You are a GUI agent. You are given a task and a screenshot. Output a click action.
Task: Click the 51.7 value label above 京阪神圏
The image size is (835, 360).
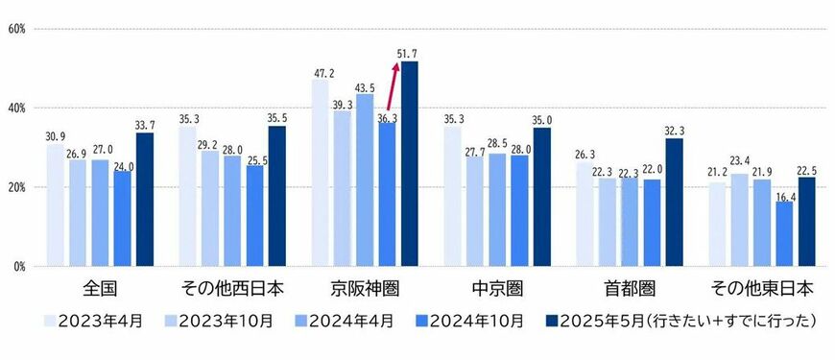pos(408,53)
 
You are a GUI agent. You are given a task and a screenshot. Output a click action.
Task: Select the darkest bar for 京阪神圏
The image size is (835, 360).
pos(410,163)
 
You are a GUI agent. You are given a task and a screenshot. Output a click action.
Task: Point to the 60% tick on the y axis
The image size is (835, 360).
pos(16,29)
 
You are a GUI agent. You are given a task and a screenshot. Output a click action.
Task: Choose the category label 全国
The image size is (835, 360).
pos(100,288)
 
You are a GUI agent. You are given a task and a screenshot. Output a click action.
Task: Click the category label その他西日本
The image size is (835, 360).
pos(231,288)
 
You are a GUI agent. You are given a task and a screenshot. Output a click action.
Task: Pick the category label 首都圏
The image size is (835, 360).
pos(630,288)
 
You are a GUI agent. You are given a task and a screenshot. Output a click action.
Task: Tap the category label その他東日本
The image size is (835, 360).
pos(762,288)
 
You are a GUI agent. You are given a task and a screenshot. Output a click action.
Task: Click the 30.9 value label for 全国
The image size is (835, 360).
pos(56,135)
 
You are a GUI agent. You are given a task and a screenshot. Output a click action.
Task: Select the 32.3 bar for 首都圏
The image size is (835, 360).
pos(674,202)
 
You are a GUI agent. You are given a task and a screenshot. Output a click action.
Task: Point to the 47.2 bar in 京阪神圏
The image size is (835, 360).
pos(322,173)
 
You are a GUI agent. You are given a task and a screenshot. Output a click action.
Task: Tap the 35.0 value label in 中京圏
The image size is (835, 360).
pos(541,120)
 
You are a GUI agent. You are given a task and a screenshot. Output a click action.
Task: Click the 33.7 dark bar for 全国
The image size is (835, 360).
pos(144,199)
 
